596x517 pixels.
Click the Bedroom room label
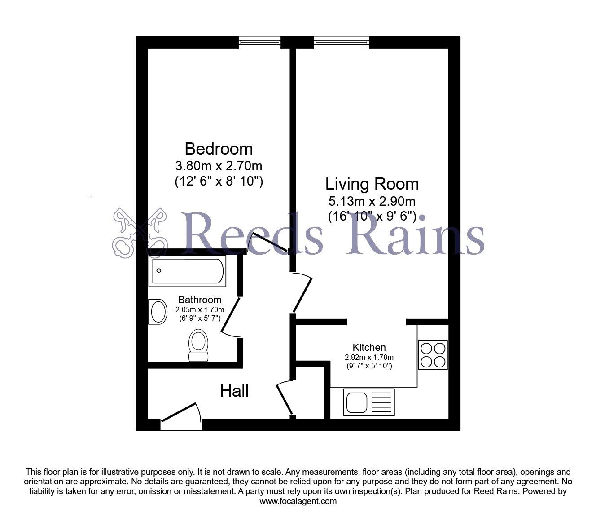pyautogui.click(x=219, y=149)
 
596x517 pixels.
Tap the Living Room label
pyautogui.click(x=372, y=184)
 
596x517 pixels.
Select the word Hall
pyautogui.click(x=234, y=391)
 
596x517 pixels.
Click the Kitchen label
pyautogui.click(x=369, y=347)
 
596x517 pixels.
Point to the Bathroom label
pyautogui.click(x=200, y=300)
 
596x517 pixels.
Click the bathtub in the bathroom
pyautogui.click(x=188, y=271)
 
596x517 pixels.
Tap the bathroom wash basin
pyautogui.click(x=158, y=312)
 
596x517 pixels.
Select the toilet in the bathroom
pyautogui.click(x=198, y=345)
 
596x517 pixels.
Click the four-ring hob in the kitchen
pyautogui.click(x=433, y=355)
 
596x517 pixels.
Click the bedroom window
pyautogui.click(x=260, y=43)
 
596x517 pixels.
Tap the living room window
pyautogui.click(x=342, y=43)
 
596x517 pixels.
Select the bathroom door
pyautogui.click(x=230, y=315)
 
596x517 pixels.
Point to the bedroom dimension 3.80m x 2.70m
pyautogui.click(x=219, y=166)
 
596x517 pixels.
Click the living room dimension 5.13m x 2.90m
pyautogui.click(x=372, y=201)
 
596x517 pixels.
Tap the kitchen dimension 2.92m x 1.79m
pyautogui.click(x=369, y=358)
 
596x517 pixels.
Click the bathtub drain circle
pyautogui.click(x=158, y=270)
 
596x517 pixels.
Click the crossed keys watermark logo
pyautogui.click(x=140, y=233)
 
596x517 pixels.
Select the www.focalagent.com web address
pyautogui.click(x=298, y=501)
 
